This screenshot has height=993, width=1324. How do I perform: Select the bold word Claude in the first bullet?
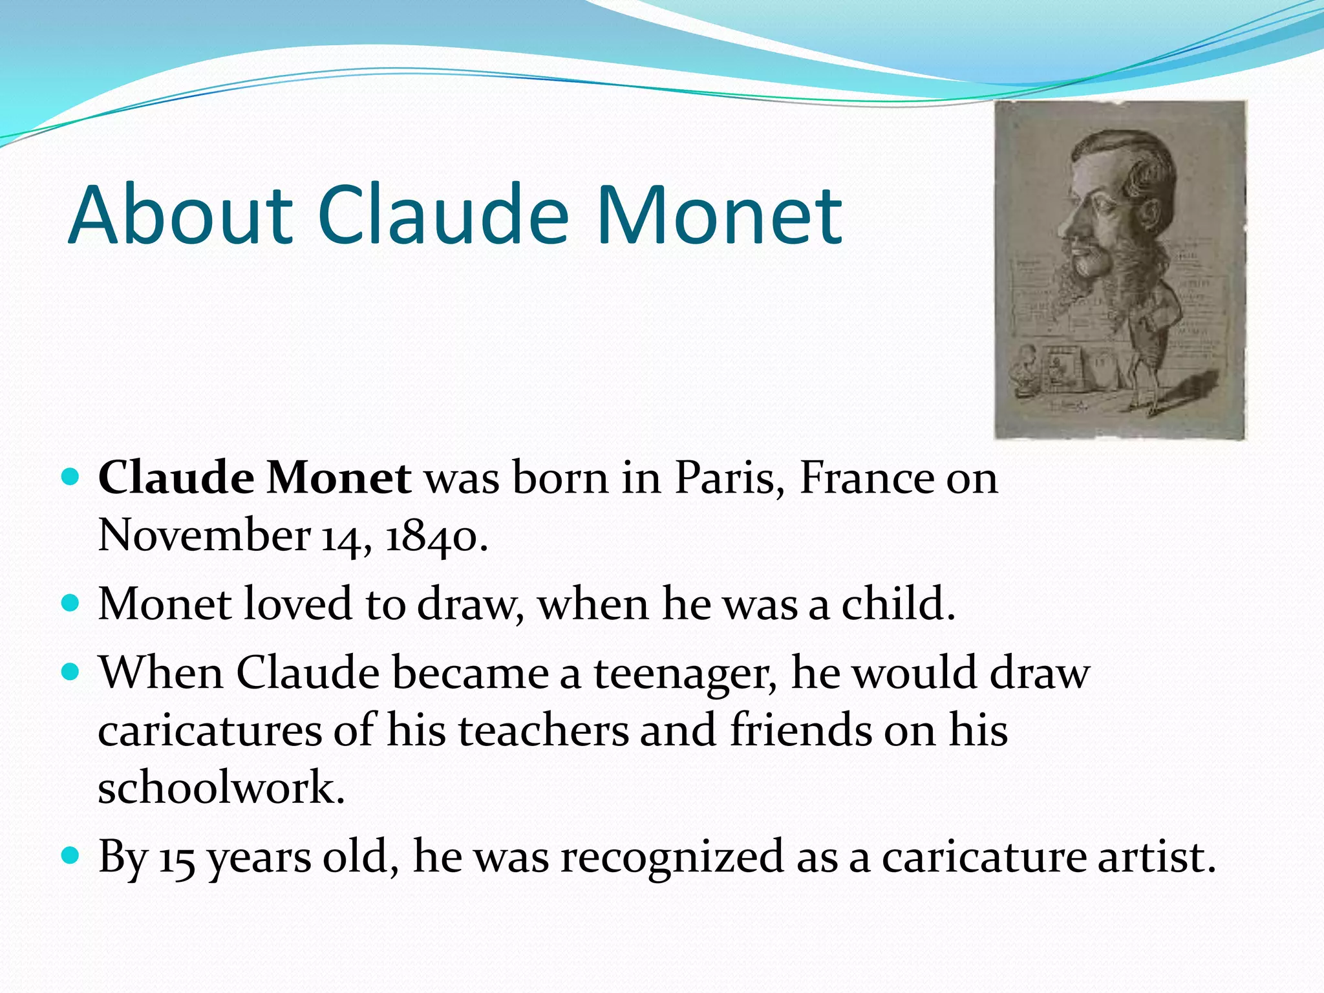pos(176,478)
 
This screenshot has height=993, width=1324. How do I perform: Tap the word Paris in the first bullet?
pos(725,478)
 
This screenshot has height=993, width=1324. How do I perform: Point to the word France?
pos(866,478)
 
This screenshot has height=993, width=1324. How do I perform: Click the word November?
pos(204,536)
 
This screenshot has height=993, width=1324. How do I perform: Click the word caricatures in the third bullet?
pos(210,731)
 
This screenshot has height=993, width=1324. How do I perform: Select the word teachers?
pos(544,731)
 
